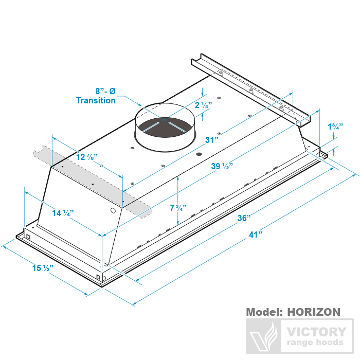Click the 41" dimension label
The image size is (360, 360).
(x=256, y=235)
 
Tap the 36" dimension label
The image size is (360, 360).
(x=243, y=217)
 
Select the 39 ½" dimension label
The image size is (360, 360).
(x=222, y=166)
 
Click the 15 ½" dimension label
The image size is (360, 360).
(x=44, y=267)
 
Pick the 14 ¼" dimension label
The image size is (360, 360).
(x=63, y=212)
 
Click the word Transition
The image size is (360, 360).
(x=96, y=100)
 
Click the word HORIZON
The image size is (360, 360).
(x=313, y=312)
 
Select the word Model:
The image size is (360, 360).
(x=264, y=312)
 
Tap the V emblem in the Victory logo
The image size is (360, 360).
(x=264, y=337)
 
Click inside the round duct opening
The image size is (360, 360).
(x=165, y=129)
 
